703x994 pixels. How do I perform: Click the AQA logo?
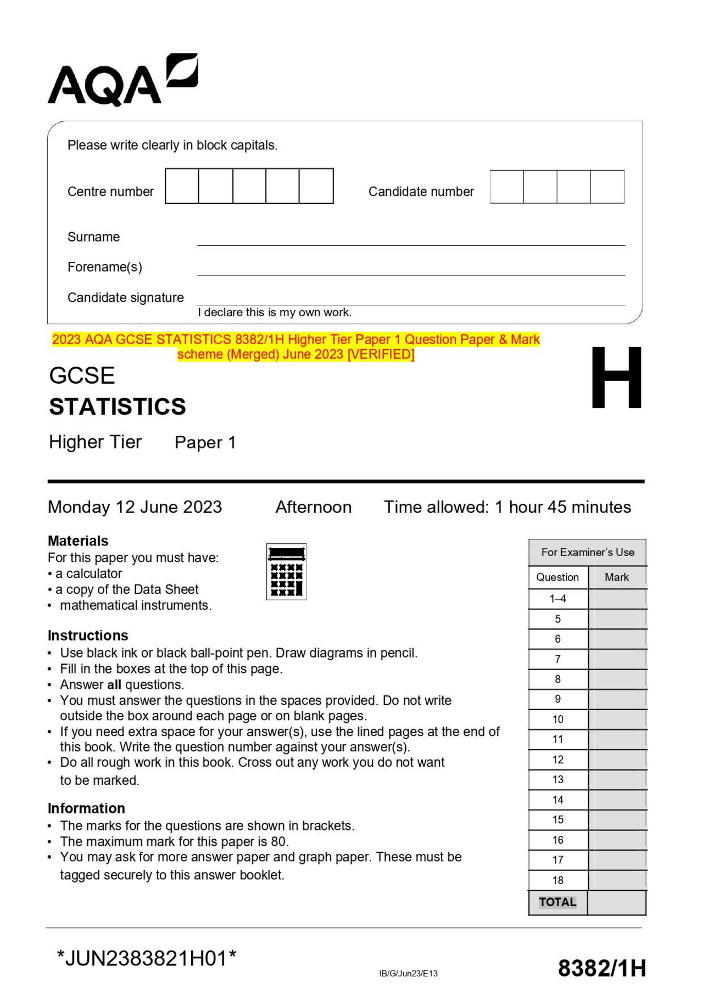(122, 81)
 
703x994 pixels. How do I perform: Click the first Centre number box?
(182, 186)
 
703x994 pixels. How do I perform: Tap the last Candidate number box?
(607, 187)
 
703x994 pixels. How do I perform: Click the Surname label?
(93, 237)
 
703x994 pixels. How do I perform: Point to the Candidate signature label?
(125, 297)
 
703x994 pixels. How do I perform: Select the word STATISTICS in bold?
(117, 407)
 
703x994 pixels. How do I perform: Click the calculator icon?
(286, 571)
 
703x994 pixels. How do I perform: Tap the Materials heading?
(78, 541)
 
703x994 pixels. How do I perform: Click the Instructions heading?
(88, 635)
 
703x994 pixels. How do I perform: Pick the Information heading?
(86, 808)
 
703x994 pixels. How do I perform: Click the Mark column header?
(616, 577)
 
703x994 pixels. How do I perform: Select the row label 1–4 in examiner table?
(557, 599)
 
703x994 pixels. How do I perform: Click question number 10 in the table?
(557, 719)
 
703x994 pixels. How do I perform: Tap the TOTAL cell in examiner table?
(557, 902)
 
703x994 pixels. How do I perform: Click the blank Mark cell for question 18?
(616, 880)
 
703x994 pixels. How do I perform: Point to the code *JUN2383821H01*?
(147, 959)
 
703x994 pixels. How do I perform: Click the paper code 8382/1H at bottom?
(601, 969)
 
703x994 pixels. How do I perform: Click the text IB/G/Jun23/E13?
(408, 974)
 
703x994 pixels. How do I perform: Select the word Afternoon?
(313, 507)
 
